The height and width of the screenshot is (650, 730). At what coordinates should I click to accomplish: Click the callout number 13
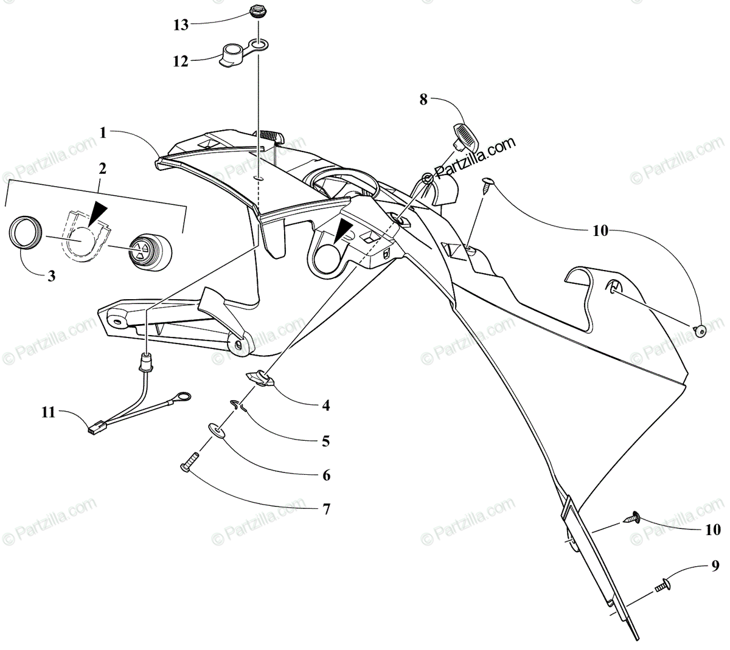(180, 25)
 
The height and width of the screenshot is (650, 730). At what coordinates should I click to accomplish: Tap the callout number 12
(180, 61)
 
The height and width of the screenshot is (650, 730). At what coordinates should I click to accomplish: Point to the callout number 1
(103, 132)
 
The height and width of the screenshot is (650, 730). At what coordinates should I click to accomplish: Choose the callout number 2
(102, 168)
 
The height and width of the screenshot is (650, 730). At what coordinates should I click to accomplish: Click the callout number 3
(51, 275)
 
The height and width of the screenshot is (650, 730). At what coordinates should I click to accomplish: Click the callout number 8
(423, 100)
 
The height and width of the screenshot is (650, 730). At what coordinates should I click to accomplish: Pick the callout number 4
(326, 404)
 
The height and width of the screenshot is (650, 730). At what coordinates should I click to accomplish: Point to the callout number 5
(326, 441)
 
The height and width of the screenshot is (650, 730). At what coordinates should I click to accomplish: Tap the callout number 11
(48, 413)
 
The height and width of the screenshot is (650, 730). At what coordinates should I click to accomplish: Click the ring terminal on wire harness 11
(181, 398)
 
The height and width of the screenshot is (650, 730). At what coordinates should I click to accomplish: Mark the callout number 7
(326, 509)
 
